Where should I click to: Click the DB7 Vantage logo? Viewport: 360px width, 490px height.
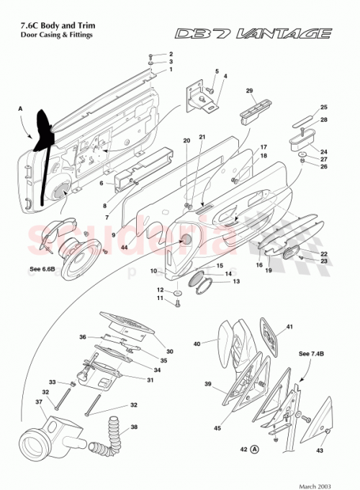[254, 34]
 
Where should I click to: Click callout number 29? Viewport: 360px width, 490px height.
[249, 91]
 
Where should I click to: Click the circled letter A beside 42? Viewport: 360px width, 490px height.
[255, 450]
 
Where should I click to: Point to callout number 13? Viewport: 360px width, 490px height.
[236, 282]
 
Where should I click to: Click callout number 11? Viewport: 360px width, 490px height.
[161, 297]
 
